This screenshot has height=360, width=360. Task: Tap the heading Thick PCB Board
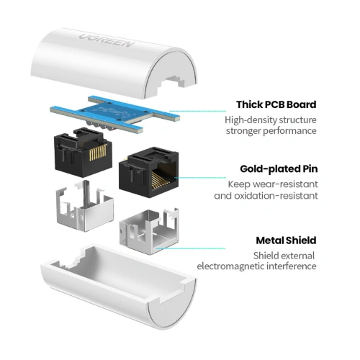point(276,104)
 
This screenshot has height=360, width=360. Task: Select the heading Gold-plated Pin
point(278,169)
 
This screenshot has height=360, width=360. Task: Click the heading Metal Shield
point(287,240)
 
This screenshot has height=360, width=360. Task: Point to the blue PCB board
point(115,114)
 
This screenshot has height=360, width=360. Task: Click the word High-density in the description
point(249,120)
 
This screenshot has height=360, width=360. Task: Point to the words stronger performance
point(271,132)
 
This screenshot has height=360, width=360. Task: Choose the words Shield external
point(284,254)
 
